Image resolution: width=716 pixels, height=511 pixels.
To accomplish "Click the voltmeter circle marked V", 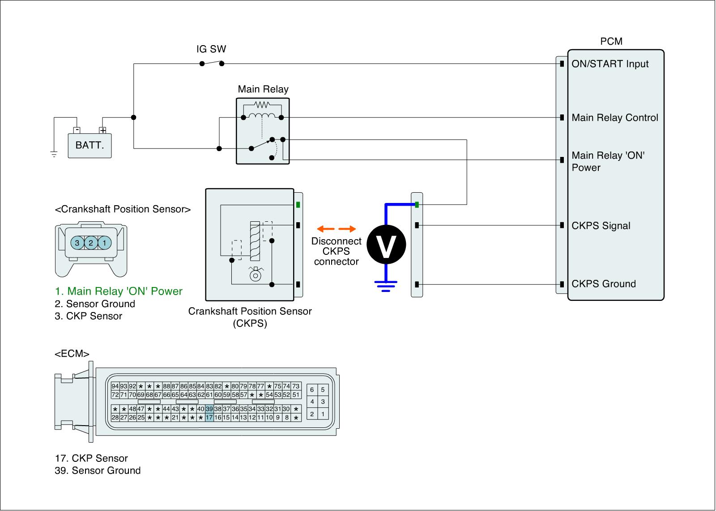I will point(386,244).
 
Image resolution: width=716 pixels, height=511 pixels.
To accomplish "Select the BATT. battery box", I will point(89,145).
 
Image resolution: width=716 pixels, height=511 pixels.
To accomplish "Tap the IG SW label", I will point(211,49).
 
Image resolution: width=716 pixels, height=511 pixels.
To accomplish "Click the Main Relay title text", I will point(263,89).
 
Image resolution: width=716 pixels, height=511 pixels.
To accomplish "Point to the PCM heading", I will point(611,42).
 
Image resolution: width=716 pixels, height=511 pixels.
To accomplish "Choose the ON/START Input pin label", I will point(610,64).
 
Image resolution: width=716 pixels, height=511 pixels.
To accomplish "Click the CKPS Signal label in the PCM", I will point(601,226).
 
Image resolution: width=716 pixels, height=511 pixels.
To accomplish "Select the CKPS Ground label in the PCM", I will point(603,284).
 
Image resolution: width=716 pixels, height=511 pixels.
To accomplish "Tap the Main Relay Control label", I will point(615,118).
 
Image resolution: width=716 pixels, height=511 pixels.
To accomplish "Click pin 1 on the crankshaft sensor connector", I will point(104,243).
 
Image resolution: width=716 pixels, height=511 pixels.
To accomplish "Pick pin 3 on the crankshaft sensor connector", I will point(77,243).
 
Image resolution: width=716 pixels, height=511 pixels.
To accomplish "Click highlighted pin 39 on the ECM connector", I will point(209,409).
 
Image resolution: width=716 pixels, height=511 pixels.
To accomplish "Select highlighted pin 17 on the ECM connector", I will point(209,418).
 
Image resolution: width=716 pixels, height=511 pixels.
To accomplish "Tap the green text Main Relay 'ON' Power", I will point(119,291).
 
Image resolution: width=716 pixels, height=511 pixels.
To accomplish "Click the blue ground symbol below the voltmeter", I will point(386,285).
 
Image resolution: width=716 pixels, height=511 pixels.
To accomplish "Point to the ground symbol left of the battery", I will point(54,155).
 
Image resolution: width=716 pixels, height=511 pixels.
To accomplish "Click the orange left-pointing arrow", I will point(328,229).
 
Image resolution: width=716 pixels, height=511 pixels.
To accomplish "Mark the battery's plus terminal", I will point(103,131).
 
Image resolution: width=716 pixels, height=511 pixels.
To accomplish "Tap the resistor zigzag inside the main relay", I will point(261,105).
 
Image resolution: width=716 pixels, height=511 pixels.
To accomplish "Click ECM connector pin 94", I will point(115,386).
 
